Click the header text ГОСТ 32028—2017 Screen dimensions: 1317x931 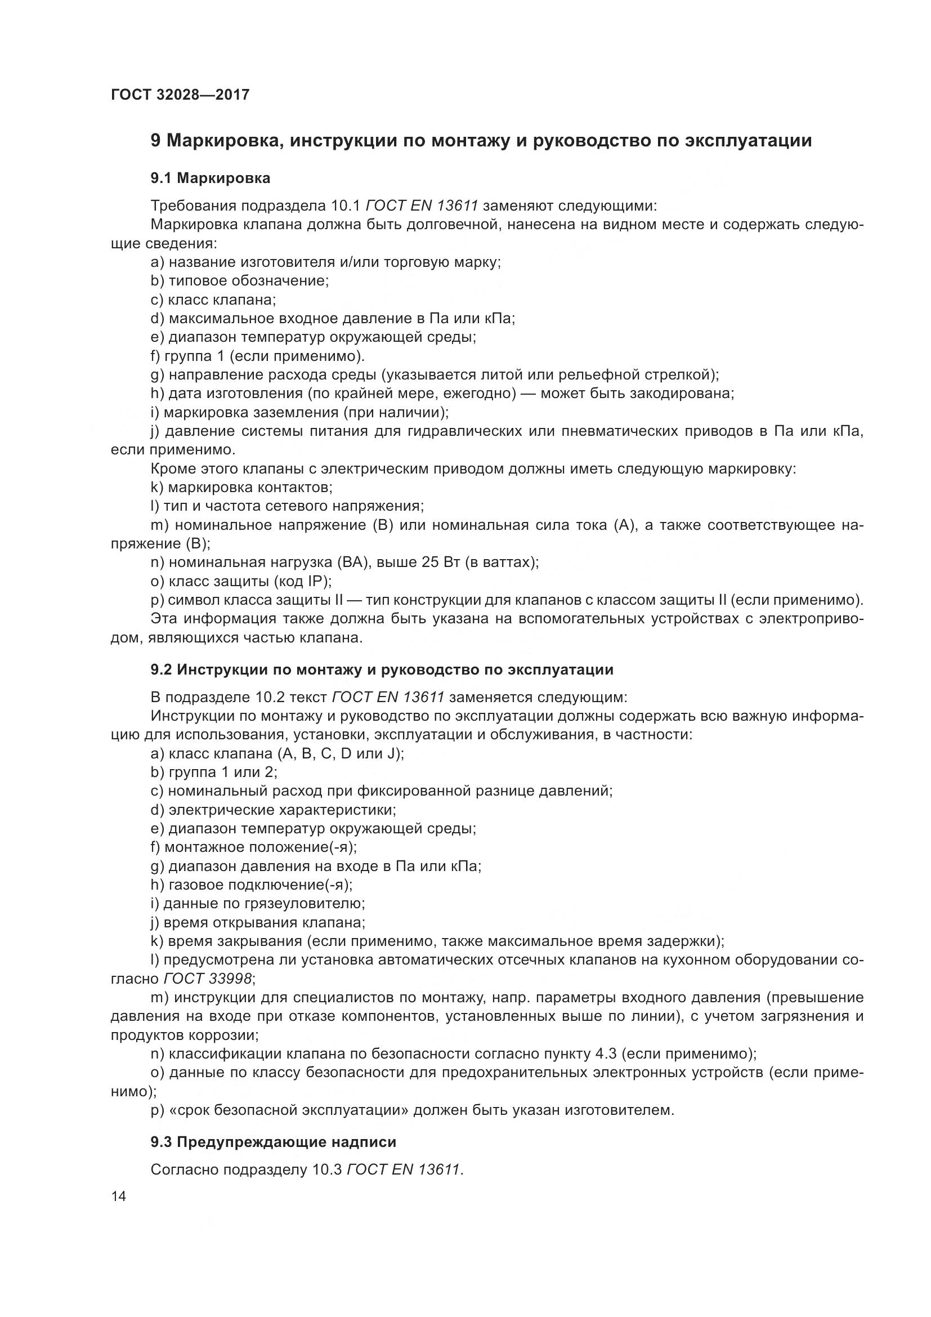[x=180, y=95]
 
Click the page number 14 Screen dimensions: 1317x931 [x=119, y=1196]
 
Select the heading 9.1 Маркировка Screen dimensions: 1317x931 [x=211, y=178]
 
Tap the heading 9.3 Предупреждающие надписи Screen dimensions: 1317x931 [x=274, y=1141]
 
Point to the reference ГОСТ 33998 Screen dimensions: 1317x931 [x=208, y=977]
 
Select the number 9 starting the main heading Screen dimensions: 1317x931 [x=155, y=141]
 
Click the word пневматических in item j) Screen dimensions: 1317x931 [x=619, y=431]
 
